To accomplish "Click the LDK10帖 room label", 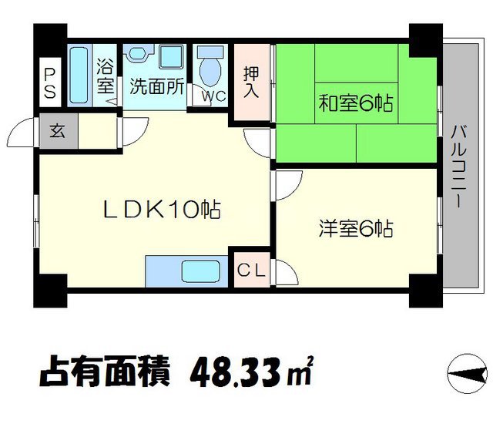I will [x=163, y=208].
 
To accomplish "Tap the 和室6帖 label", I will [x=356, y=103].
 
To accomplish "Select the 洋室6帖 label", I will [x=357, y=229].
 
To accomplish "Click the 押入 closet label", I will [x=252, y=82].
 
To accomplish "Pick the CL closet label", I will [x=251, y=270].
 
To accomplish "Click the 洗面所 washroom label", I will [x=156, y=86].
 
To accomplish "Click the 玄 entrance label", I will [x=58, y=130].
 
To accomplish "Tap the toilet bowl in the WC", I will [x=209, y=67].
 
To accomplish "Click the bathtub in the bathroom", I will [x=79, y=74].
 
